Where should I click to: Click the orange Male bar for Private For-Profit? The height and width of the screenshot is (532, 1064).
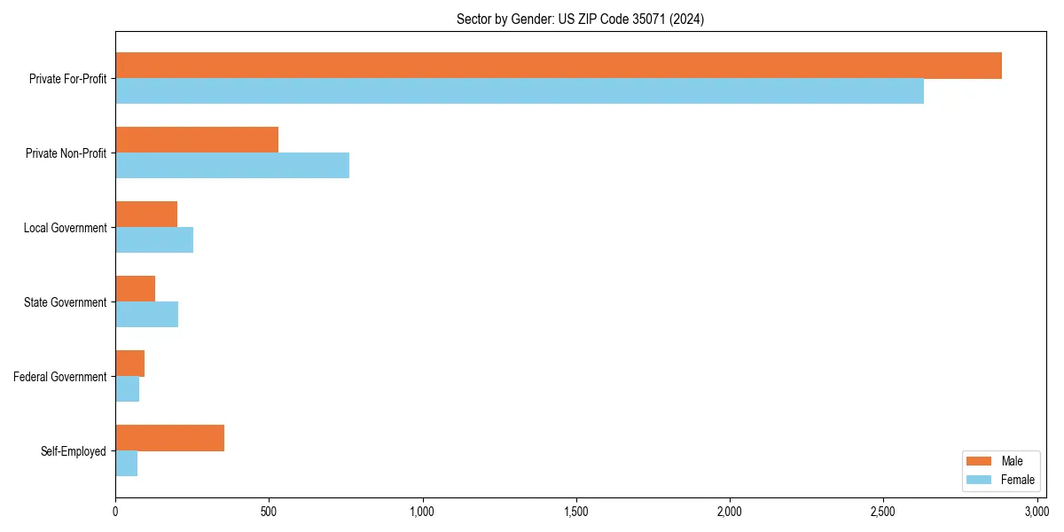(559, 66)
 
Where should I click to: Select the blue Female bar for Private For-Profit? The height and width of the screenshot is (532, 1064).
(520, 91)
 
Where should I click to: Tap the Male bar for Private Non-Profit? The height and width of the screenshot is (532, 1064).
(197, 140)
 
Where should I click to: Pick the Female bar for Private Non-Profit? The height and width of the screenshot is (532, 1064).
(232, 166)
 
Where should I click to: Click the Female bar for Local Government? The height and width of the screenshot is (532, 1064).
(154, 240)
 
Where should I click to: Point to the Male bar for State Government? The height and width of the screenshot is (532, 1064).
(136, 289)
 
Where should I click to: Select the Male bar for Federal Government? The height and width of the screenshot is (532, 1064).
(130, 364)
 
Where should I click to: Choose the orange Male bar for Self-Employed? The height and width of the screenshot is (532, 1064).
(170, 438)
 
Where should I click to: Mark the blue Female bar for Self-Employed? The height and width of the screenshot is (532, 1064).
(127, 464)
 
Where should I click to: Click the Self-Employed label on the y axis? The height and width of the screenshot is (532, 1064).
(74, 451)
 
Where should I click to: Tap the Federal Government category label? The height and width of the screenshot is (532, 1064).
(60, 377)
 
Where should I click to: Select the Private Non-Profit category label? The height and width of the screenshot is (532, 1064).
(66, 153)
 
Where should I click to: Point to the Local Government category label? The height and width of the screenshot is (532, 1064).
(66, 228)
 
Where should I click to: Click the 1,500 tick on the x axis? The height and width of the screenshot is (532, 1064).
(575, 512)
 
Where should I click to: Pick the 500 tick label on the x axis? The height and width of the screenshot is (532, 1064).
(269, 512)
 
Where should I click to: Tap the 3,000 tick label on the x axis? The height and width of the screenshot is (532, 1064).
(1036, 512)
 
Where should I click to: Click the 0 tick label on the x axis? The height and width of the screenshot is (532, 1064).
(115, 512)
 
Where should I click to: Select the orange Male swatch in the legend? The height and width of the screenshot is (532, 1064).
(979, 461)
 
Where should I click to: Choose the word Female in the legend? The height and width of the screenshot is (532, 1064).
(1018, 480)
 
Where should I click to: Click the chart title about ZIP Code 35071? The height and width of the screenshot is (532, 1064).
(581, 19)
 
